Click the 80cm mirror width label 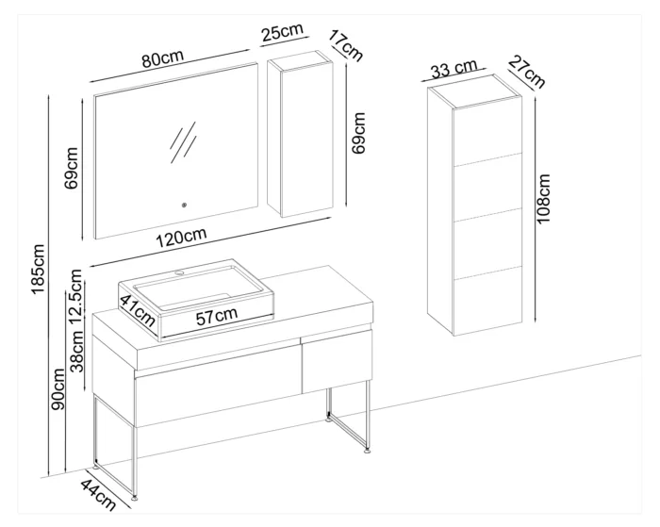(x=163, y=59)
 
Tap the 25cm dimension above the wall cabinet (x=282, y=32)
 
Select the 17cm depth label (x=345, y=45)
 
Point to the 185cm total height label (x=39, y=269)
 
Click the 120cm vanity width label (x=181, y=238)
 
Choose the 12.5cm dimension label (x=76, y=295)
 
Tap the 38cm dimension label (x=76, y=351)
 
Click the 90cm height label (x=58, y=388)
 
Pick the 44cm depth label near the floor (x=98, y=494)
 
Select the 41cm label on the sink (x=138, y=310)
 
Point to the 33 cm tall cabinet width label (x=454, y=69)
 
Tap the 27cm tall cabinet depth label (x=526, y=72)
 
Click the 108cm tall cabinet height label (x=543, y=199)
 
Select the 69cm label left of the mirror (x=71, y=168)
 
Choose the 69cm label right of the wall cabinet (x=358, y=133)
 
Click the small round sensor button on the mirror (x=184, y=206)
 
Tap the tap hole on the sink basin (x=180, y=272)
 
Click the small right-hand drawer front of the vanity (x=338, y=362)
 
